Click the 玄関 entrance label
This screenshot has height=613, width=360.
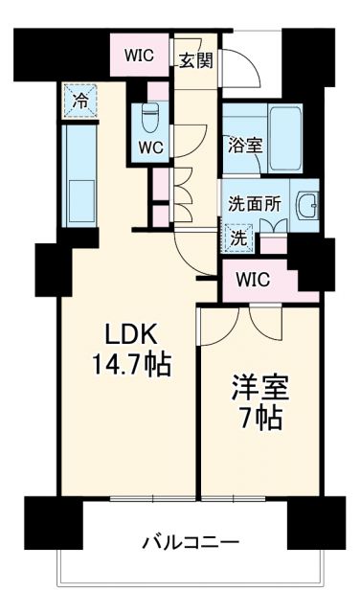coord(196,59)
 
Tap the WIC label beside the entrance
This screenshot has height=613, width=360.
coord(141,56)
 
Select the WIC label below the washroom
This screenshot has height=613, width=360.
coord(256,280)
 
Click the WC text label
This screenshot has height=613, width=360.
coord(149,148)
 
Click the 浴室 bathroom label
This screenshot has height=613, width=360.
coord(244,147)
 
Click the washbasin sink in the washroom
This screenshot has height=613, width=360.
coord(305,204)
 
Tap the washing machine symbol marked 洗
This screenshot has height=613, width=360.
coord(240,237)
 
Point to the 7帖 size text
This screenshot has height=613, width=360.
coord(259,419)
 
